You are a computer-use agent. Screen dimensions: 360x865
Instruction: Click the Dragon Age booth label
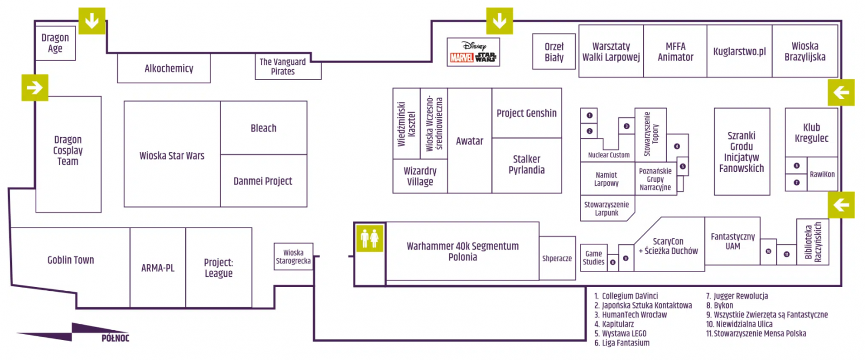55,43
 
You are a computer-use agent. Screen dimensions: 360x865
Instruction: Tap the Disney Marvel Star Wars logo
473,52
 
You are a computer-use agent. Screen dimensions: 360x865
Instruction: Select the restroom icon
370,238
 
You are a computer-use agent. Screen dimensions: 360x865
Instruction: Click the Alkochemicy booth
169,69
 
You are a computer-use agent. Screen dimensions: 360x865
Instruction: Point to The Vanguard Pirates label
283,66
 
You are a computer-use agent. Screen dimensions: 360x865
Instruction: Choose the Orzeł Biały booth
554,52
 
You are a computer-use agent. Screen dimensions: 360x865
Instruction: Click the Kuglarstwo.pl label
739,52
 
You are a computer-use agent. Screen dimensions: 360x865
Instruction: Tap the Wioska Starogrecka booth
294,257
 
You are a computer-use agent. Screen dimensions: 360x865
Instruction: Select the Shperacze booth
557,258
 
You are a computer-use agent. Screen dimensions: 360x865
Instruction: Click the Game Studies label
594,258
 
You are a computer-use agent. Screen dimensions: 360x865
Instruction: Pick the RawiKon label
822,174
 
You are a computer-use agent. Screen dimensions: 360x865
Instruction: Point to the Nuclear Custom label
609,155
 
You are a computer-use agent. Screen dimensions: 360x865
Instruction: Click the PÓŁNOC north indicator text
115,338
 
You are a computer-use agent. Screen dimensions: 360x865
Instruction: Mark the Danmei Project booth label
263,181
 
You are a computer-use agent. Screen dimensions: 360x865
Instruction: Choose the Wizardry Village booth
420,176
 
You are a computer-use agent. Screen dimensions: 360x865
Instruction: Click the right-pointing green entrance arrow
35,88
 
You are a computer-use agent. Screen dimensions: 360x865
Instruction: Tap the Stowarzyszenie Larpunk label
607,209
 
